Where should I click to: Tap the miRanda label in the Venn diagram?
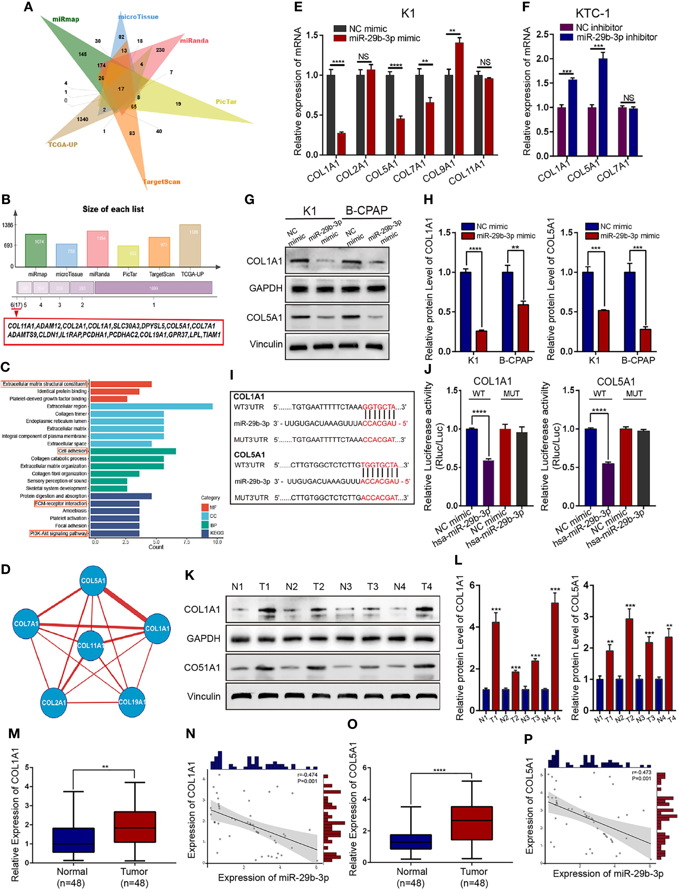(194, 41)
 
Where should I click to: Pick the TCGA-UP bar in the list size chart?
(190, 245)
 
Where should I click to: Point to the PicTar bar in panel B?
(128, 256)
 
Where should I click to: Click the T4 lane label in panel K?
(426, 587)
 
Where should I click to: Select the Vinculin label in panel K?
(204, 696)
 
